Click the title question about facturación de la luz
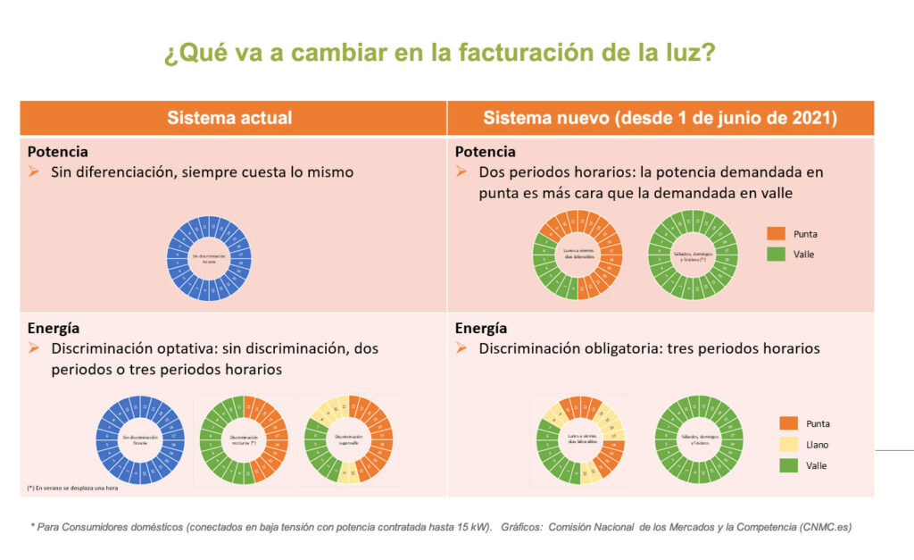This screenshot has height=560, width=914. click(x=439, y=53)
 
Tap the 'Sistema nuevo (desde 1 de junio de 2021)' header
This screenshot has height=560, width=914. click(x=660, y=118)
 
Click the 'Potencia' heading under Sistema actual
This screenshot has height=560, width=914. click(x=58, y=152)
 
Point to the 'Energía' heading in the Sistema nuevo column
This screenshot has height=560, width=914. click(x=481, y=328)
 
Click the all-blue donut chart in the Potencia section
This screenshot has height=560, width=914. click(x=210, y=257)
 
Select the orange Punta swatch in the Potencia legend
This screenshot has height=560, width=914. click(x=776, y=234)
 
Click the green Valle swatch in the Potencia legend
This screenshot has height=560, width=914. click(x=776, y=255)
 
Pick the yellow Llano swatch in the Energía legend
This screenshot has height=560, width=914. click(x=789, y=445)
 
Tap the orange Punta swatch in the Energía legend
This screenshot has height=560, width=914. click(x=789, y=423)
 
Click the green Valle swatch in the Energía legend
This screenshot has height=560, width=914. click(x=789, y=465)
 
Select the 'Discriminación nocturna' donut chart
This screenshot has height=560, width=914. click(x=244, y=439)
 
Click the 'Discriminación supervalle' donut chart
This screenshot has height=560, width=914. click(x=349, y=439)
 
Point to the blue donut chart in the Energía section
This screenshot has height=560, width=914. click(x=138, y=439)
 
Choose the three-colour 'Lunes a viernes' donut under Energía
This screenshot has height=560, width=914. click(x=581, y=439)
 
